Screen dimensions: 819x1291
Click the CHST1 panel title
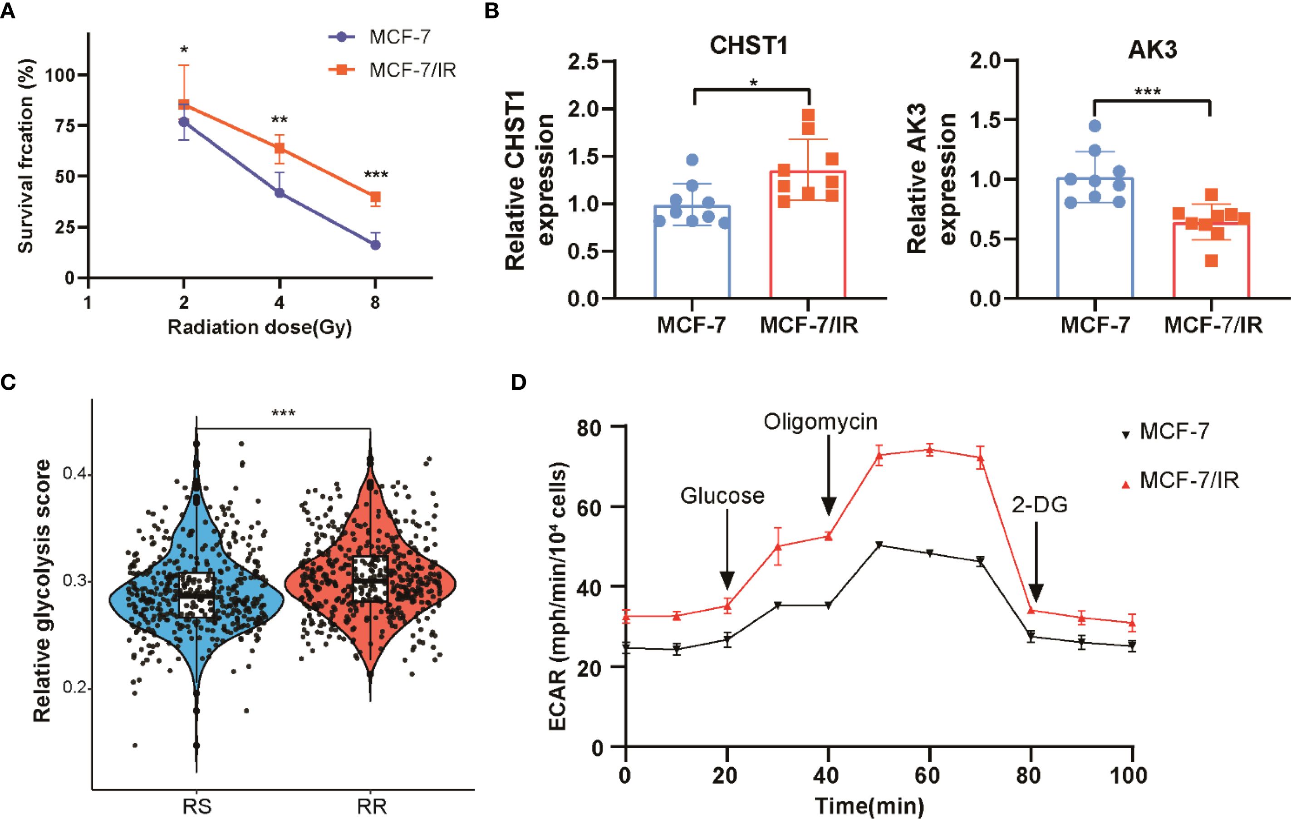pos(749,46)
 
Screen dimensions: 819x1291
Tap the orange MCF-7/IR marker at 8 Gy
pos(375,197)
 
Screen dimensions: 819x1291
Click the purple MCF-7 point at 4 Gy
pos(280,192)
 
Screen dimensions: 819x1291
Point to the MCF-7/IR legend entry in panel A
pos(412,70)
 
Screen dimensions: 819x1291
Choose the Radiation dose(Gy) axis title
pos(260,327)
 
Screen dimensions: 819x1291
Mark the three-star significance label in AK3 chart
pos(1148,92)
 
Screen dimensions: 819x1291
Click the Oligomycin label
pos(820,422)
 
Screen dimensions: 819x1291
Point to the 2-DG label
pos(1040,505)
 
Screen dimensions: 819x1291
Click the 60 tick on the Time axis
pos(928,775)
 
